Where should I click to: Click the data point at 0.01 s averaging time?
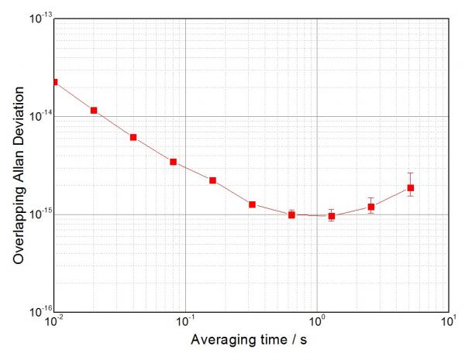tap(54, 82)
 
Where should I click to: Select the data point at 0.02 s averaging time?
tap(94, 111)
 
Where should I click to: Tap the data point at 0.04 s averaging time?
tap(133, 137)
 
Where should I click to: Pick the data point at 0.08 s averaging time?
tap(174, 162)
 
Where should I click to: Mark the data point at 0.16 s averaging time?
tap(212, 180)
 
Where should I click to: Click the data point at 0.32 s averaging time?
tap(253, 204)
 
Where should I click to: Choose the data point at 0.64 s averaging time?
tap(291, 214)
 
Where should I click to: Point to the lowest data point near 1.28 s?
tap(332, 216)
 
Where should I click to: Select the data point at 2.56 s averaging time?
tap(371, 207)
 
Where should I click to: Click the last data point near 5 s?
tap(411, 187)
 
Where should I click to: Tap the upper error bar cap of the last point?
tap(411, 173)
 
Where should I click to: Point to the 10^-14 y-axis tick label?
tap(40, 116)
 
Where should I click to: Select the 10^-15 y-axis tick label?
tap(40, 214)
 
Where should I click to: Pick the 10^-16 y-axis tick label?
tap(40, 312)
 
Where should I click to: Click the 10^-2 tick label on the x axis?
tap(54, 322)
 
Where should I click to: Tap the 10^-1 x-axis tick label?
tap(185, 322)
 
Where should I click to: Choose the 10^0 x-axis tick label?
tap(317, 322)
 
